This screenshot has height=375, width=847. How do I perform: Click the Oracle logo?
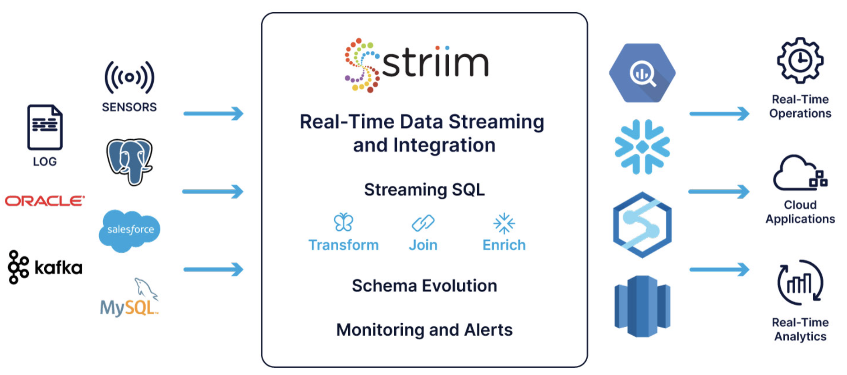(45, 201)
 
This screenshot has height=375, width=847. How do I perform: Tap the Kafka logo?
(45, 267)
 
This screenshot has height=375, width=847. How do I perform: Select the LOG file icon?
(45, 127)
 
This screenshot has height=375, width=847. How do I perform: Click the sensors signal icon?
(129, 78)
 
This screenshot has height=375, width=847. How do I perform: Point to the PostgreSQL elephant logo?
(130, 162)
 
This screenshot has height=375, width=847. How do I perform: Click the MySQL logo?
(129, 298)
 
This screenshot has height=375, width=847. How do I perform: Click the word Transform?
(344, 245)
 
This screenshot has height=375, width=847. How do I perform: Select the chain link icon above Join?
(423, 223)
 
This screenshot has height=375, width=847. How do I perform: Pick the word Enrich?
(504, 245)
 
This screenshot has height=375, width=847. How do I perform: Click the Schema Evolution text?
(424, 286)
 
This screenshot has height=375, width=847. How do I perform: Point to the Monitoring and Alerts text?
(424, 330)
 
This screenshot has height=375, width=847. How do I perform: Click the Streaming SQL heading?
(424, 190)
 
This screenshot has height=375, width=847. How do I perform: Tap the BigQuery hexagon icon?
(642, 73)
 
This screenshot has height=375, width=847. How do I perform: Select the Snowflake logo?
(642, 147)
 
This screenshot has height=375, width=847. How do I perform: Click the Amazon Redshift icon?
(642, 306)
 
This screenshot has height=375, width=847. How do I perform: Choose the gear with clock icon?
(800, 60)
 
